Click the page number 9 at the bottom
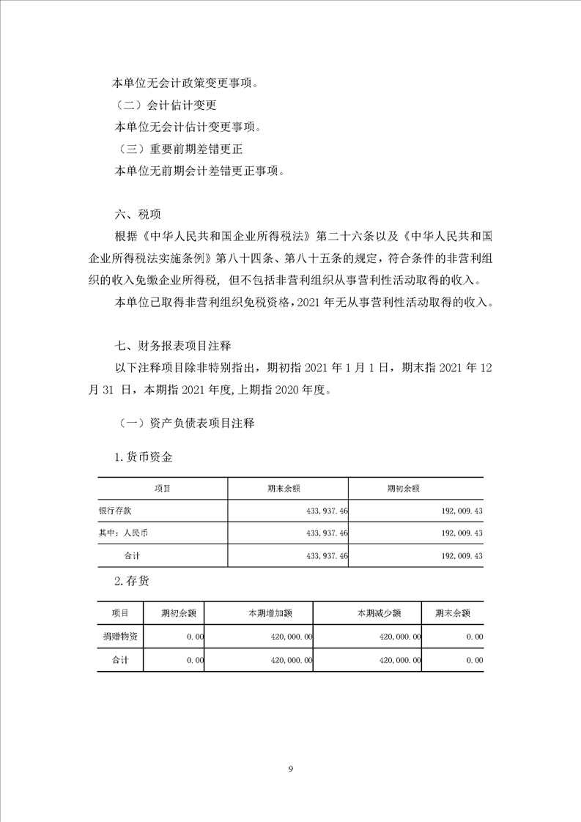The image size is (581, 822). point(291,769)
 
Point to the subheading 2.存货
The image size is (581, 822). point(132,580)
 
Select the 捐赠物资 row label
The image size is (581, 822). point(120,637)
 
